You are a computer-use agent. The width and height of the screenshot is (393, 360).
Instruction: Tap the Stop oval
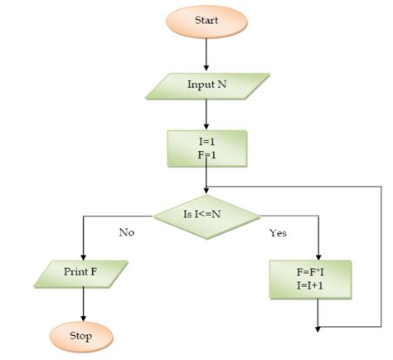click(80, 337)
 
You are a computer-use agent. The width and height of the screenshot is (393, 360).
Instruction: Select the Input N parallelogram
click(206, 85)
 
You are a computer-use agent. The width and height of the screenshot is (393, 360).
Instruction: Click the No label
click(126, 232)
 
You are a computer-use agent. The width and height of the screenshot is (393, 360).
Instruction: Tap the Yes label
click(279, 233)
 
